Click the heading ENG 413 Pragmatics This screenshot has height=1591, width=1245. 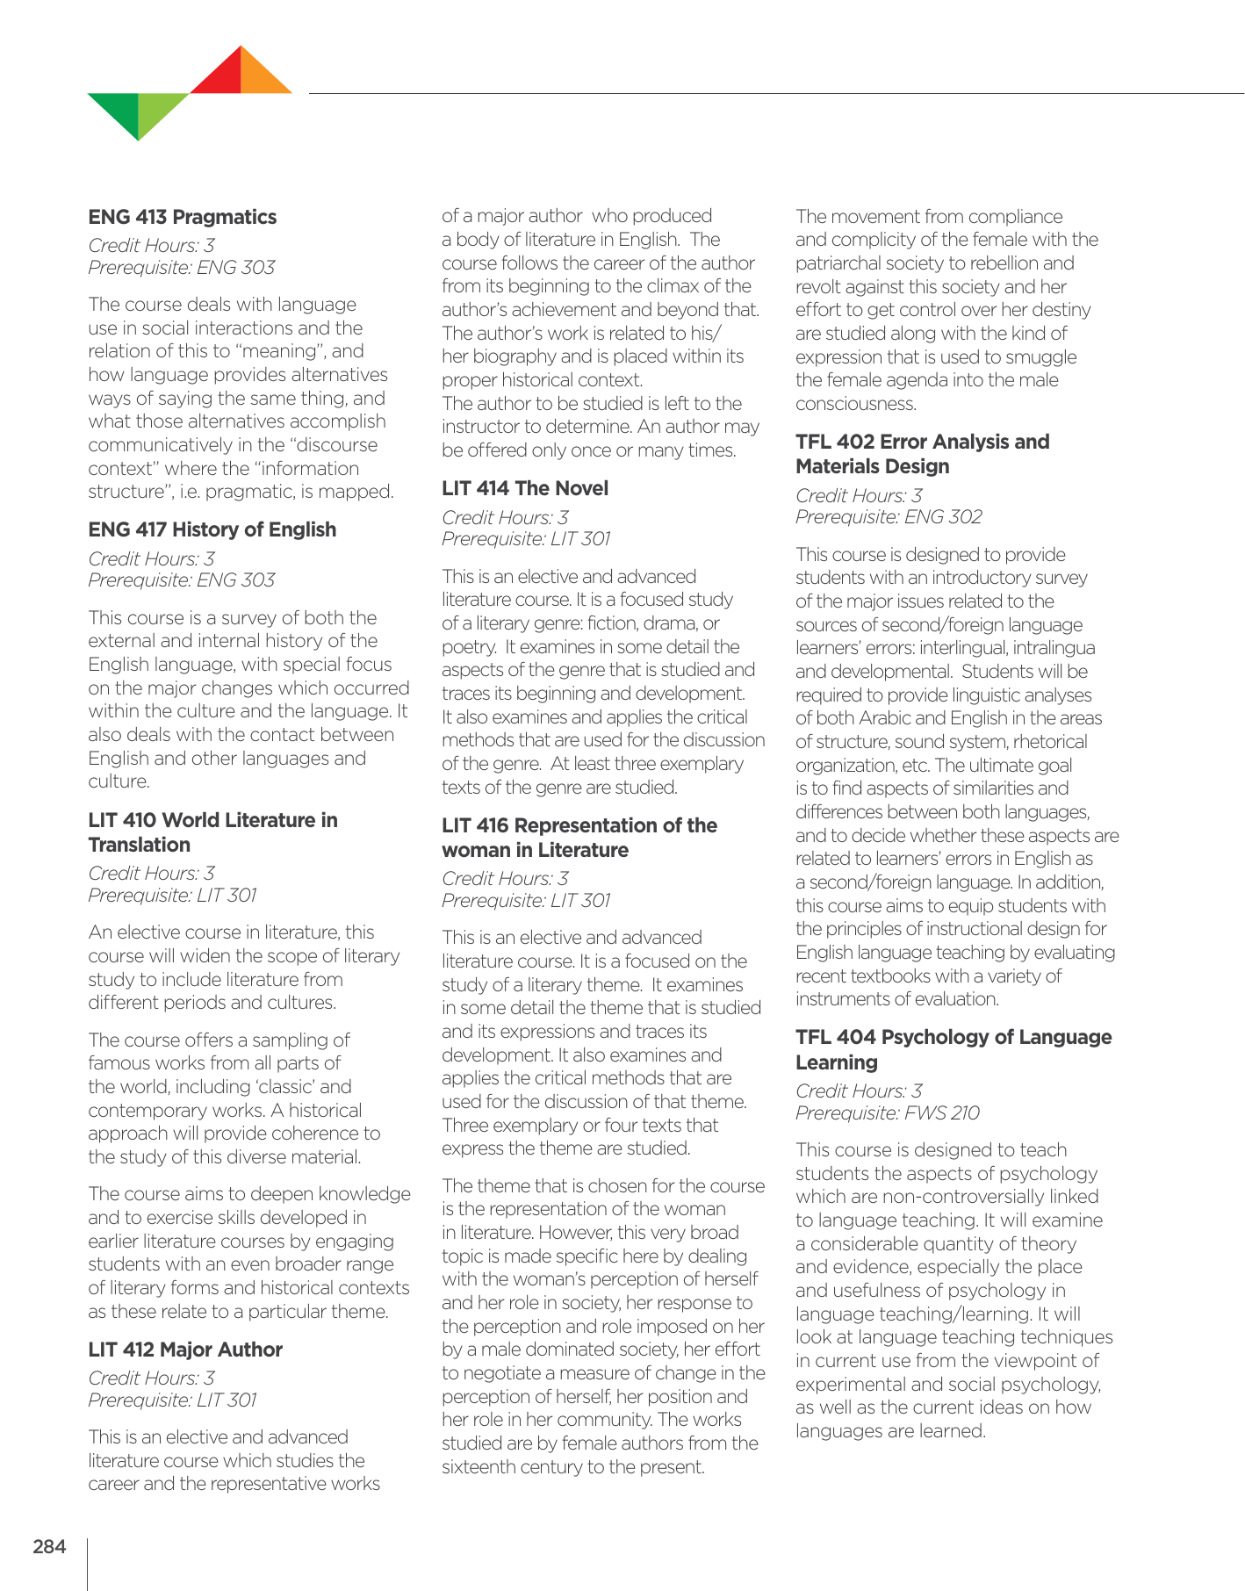tap(182, 217)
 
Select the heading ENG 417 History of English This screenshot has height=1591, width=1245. tap(212, 529)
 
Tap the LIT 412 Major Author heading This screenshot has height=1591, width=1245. tap(184, 1350)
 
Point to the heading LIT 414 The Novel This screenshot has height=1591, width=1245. tap(524, 488)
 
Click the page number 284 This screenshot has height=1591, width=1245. tap(49, 1547)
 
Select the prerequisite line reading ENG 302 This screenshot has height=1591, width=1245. tap(888, 517)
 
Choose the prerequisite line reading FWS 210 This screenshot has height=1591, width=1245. tap(887, 1112)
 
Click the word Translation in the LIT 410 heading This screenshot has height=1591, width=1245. tap(139, 845)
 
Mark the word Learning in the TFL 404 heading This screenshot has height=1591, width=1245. tap(836, 1062)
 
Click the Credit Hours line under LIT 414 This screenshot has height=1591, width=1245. tap(505, 517)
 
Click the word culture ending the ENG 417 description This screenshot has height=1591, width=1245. tap(118, 781)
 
